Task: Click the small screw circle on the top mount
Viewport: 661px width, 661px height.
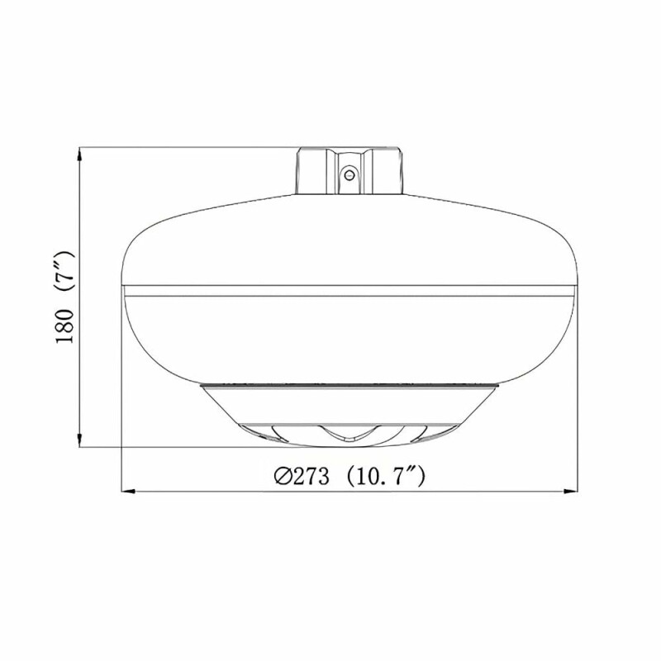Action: pos(348,174)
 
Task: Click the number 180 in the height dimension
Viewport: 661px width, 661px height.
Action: pos(64,326)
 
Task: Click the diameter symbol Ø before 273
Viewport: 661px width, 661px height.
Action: pos(283,477)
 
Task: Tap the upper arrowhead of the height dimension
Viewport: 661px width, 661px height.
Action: pos(80,155)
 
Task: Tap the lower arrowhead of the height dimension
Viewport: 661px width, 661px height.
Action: pos(80,440)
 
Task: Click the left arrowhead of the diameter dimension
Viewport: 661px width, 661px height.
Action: pos(128,491)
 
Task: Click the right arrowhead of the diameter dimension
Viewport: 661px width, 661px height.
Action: pos(571,491)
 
